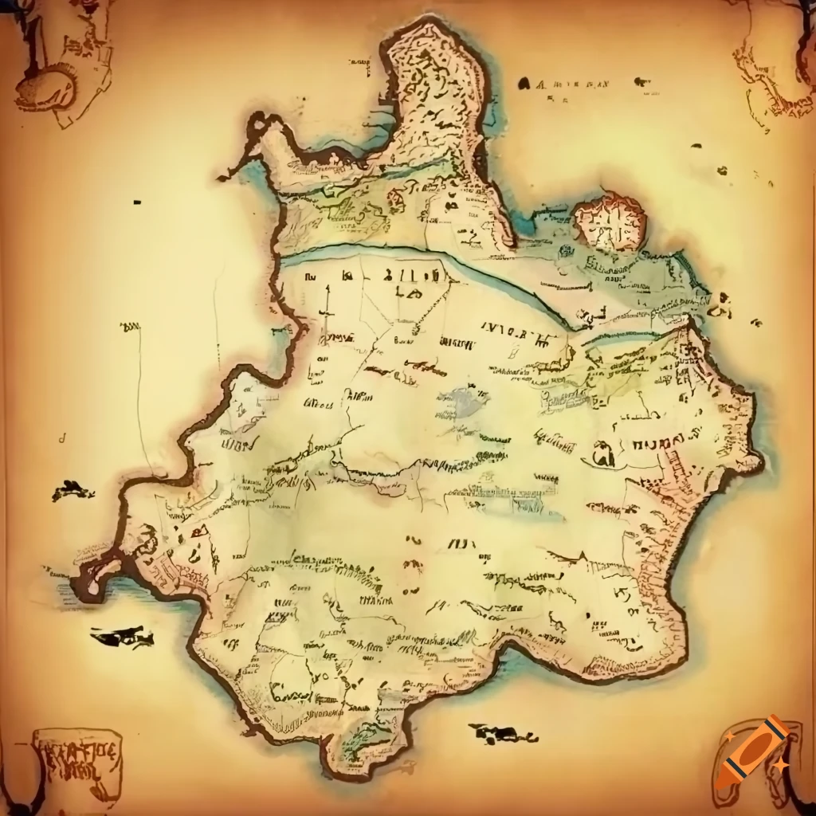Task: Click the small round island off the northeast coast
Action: point(609,222)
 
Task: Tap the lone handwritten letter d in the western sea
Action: point(62,437)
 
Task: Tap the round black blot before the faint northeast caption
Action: point(524,82)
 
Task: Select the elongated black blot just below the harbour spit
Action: point(122,637)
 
